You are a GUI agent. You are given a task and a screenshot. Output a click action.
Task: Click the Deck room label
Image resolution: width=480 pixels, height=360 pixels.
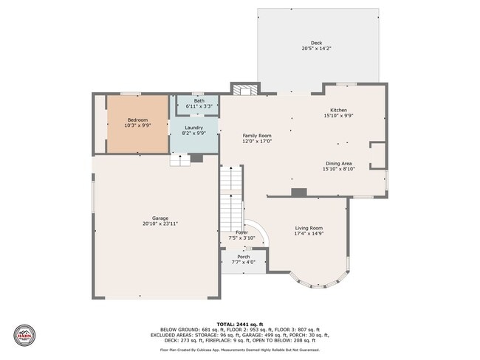click(316, 43)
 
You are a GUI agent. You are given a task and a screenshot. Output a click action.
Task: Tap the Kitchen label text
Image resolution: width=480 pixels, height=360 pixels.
click(338, 110)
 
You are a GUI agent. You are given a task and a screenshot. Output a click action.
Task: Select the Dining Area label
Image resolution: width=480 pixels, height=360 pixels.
click(338, 163)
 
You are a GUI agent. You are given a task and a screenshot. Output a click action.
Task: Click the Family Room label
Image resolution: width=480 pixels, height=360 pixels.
click(258, 136)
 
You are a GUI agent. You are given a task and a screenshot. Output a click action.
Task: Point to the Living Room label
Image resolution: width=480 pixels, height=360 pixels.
click(309, 228)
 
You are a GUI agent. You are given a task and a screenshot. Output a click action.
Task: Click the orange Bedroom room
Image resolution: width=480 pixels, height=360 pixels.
click(138, 123)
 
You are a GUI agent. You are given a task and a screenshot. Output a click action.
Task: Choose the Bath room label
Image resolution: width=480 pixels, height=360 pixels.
click(199, 101)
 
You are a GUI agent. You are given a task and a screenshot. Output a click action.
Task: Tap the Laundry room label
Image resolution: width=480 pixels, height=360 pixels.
click(194, 128)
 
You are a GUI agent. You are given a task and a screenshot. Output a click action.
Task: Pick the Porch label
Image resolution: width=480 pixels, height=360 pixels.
click(243, 257)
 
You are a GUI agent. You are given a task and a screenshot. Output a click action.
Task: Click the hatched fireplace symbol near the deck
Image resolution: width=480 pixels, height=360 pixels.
click(243, 90)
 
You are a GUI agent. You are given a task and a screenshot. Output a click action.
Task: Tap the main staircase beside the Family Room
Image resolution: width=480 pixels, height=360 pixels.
click(231, 195)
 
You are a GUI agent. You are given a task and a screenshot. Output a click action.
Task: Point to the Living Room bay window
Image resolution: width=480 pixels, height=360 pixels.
click(319, 280)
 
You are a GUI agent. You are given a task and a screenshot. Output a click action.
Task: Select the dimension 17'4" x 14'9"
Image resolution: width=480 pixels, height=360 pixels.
click(309, 235)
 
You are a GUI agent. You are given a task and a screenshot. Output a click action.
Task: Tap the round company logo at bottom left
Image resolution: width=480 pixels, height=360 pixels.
click(24, 334)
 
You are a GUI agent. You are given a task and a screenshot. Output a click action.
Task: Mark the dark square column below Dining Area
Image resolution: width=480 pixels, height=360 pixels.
click(298, 192)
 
